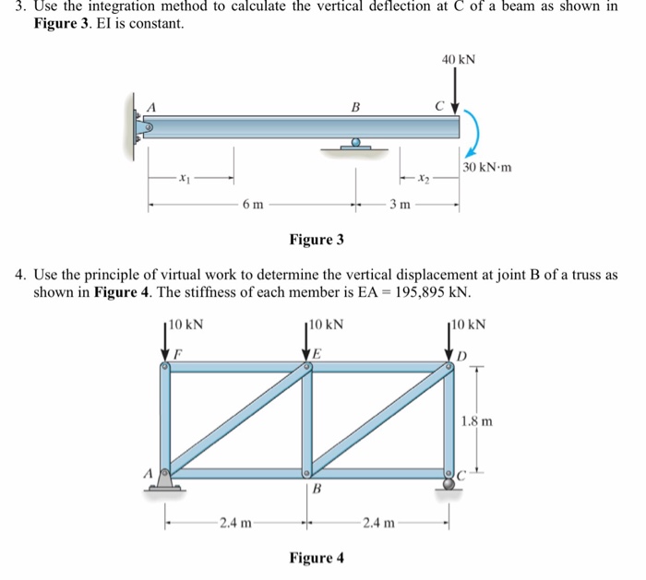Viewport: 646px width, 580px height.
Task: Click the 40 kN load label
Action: tap(459, 59)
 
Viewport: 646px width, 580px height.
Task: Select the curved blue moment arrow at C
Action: tap(470, 134)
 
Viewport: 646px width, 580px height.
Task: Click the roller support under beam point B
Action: tap(355, 145)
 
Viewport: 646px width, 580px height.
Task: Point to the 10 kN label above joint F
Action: tap(187, 325)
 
